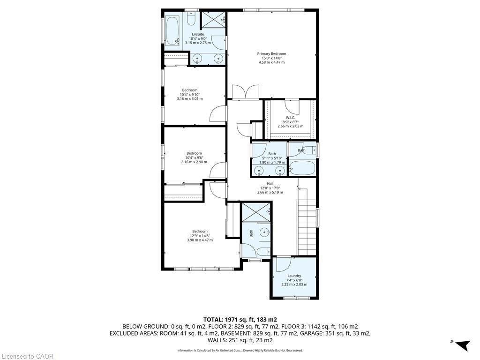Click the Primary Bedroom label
click(x=271, y=53)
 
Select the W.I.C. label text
click(x=290, y=117)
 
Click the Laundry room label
click(x=294, y=276)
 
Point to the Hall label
click(x=270, y=184)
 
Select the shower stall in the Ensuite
click(x=214, y=20)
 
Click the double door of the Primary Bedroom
click(x=246, y=92)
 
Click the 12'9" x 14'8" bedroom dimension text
click(x=200, y=236)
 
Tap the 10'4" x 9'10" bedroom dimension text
click(x=190, y=94)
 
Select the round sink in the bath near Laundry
click(x=265, y=232)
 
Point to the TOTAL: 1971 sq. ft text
click(x=240, y=319)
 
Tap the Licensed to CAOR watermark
click(x=27, y=356)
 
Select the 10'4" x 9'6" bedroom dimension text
click(x=194, y=157)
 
